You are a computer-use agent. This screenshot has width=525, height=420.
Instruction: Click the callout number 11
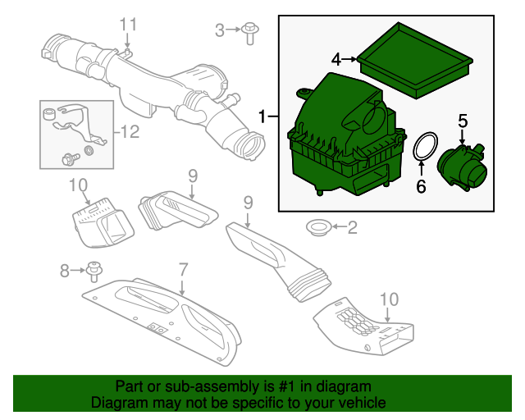pyautogui.click(x=128, y=25)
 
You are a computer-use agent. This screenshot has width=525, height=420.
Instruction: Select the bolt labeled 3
pyautogui.click(x=249, y=33)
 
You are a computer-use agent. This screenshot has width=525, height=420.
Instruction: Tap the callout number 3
pyautogui.click(x=219, y=31)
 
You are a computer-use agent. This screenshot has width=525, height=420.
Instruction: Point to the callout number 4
pyautogui.click(x=336, y=60)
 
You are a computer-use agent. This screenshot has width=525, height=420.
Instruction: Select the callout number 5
pyautogui.click(x=463, y=121)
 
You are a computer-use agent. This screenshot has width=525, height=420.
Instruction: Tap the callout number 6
pyautogui.click(x=421, y=186)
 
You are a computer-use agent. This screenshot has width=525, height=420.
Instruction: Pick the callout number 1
pyautogui.click(x=262, y=116)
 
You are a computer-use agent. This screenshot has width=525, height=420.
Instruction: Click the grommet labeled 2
pyautogui.click(x=318, y=228)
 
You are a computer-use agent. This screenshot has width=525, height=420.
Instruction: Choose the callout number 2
pyautogui.click(x=353, y=228)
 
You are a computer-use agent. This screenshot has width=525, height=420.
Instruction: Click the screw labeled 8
pyautogui.click(x=94, y=272)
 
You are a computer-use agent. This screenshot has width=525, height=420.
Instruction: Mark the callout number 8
pyautogui.click(x=65, y=271)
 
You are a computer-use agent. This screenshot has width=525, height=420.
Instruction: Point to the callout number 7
pyautogui.click(x=184, y=270)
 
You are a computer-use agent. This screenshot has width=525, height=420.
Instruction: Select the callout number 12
pyautogui.click(x=130, y=132)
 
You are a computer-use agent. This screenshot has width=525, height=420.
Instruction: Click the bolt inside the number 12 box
pyautogui.click(x=71, y=158)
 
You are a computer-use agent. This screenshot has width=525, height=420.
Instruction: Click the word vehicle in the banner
pyautogui.click(x=362, y=403)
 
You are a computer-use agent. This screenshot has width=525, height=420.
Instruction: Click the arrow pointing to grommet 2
pyautogui.click(x=339, y=227)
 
